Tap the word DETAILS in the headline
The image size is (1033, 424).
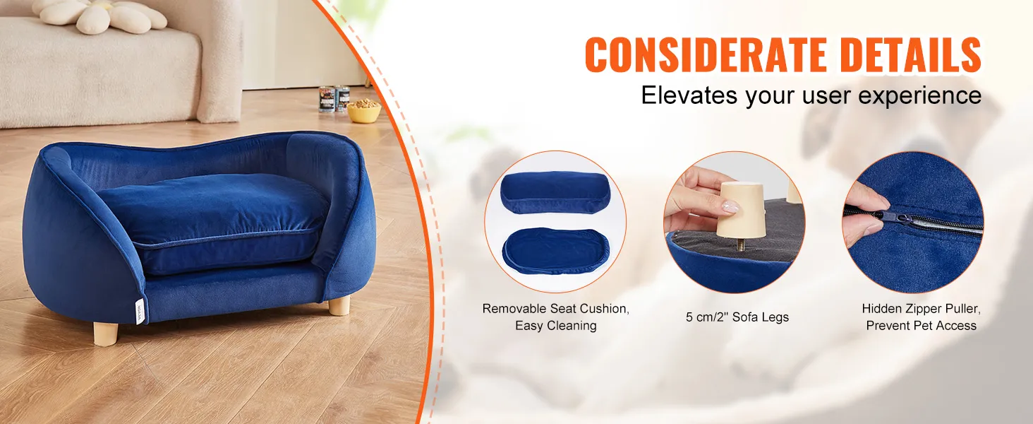point(911,54)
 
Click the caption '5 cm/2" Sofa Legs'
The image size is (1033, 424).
point(737,317)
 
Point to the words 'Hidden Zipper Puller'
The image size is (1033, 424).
point(922,309)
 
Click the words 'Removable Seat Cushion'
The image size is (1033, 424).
point(555,309)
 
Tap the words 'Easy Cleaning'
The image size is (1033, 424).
point(555,326)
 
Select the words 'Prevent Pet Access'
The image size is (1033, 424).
point(922,326)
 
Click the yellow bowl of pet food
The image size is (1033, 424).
point(363,111)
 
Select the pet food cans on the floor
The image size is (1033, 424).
point(334,99)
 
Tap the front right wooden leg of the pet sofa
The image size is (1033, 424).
point(339,305)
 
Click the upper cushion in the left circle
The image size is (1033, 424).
point(555,192)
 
